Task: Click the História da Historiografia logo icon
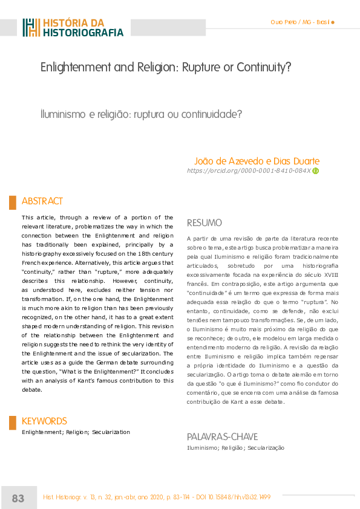click(x=31, y=28)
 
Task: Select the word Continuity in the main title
click(x=264, y=67)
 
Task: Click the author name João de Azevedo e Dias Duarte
click(x=257, y=161)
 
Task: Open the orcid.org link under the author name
click(x=249, y=171)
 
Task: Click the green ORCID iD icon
click(x=315, y=171)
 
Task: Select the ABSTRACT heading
click(x=42, y=201)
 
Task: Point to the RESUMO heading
click(x=205, y=222)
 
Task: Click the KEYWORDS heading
click(x=44, y=421)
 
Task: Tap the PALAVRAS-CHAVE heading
click(x=222, y=436)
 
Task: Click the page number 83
click(x=18, y=498)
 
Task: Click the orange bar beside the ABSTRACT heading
click(x=12, y=202)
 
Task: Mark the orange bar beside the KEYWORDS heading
click(x=12, y=423)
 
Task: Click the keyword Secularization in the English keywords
click(x=111, y=432)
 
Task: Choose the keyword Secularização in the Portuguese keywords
click(x=264, y=448)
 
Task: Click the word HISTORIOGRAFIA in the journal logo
click(x=83, y=33)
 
